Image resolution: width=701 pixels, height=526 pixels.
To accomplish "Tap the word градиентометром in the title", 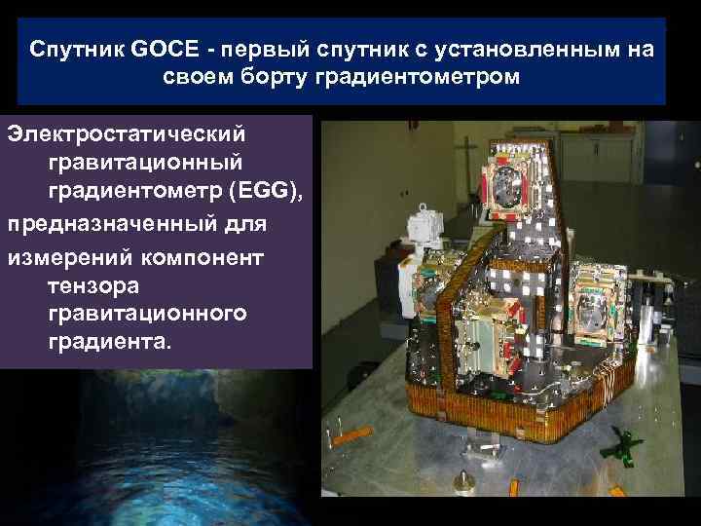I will point(419,76).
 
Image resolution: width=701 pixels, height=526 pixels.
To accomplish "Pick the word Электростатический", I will point(128,131).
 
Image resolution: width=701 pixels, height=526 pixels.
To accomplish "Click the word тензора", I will point(93,286).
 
